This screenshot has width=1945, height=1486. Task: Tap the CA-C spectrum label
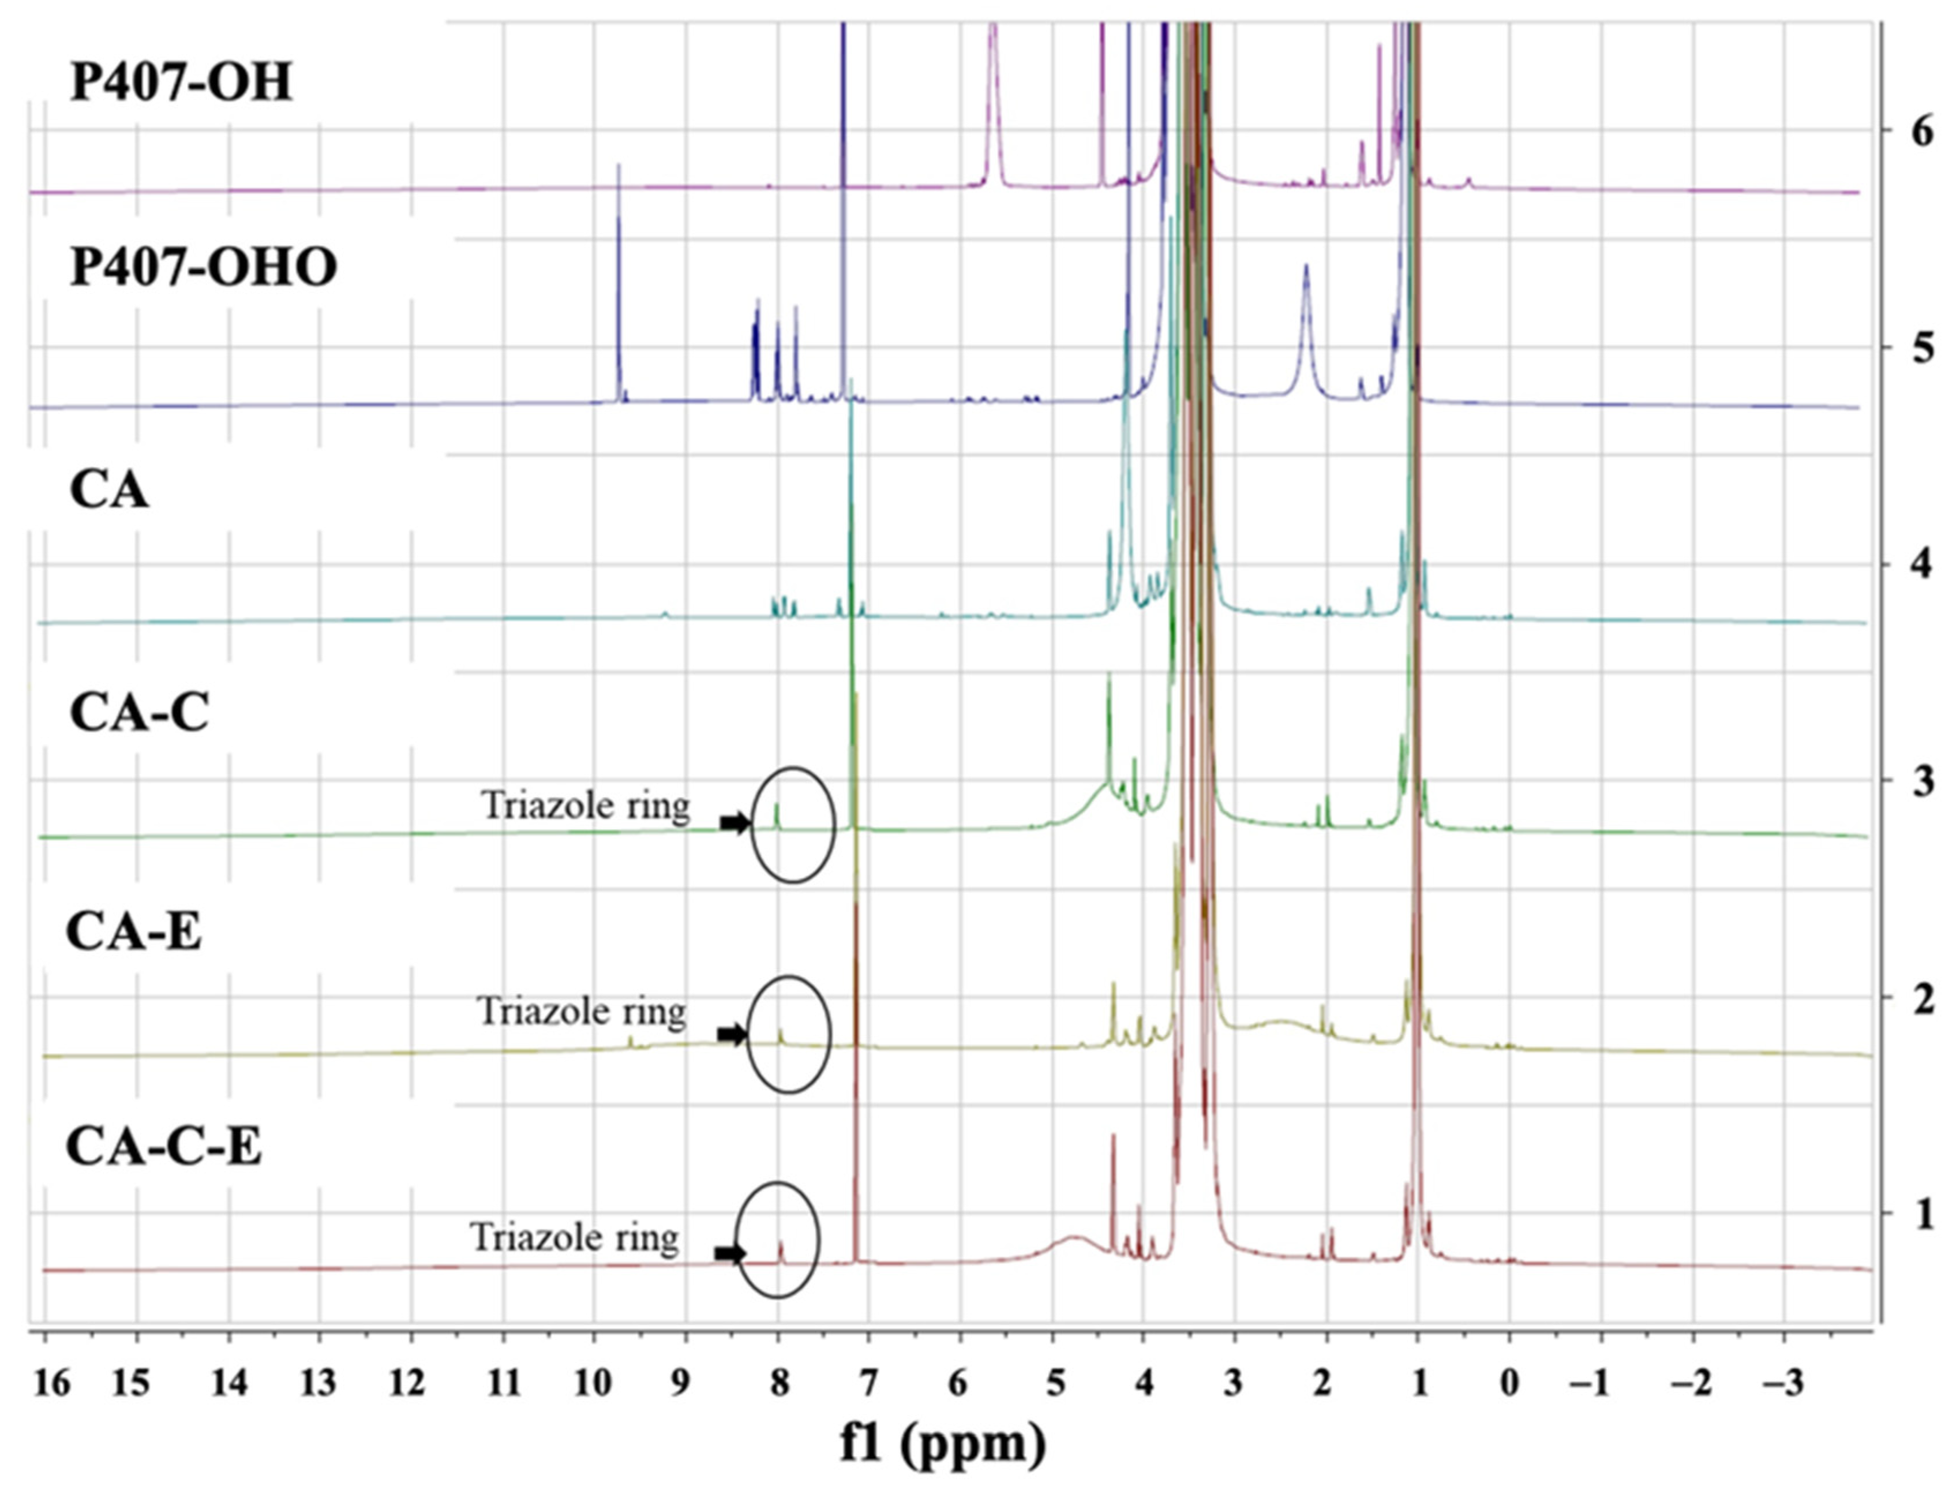[x=139, y=713]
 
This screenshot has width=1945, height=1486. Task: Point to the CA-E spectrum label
[x=134, y=933]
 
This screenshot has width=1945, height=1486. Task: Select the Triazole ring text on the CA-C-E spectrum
[x=575, y=1237]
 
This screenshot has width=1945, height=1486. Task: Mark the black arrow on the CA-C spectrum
[x=734, y=824]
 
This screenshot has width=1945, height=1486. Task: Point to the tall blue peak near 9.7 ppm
[x=619, y=283]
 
